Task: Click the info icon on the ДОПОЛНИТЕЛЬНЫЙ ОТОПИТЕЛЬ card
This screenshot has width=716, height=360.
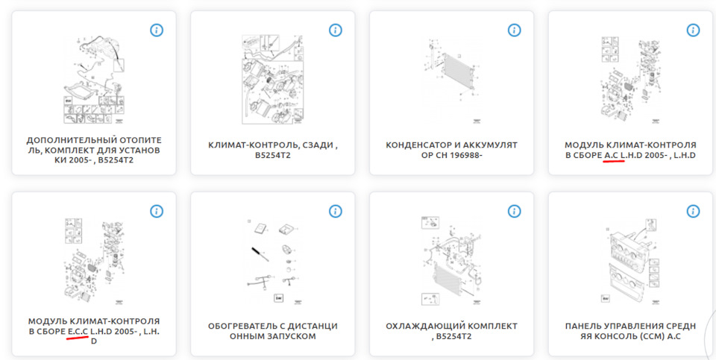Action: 157,30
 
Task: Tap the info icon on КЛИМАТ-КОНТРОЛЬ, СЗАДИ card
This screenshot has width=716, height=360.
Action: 336,30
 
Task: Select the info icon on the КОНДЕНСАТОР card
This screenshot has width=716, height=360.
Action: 515,30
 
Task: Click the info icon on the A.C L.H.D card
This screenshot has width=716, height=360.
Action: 694,30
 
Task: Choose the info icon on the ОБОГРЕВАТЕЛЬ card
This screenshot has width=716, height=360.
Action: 336,211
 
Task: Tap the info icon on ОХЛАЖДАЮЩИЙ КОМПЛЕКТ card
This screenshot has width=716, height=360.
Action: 515,211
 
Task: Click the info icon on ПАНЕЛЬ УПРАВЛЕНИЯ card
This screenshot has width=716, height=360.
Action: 694,211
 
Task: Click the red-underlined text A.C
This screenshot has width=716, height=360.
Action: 612,155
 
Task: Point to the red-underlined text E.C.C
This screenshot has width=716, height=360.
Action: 78,331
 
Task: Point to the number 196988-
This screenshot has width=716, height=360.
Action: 462,155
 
